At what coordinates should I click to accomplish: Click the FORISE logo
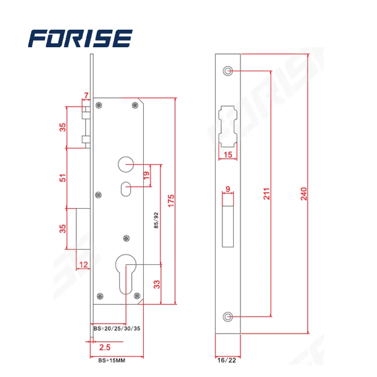coord(80,39)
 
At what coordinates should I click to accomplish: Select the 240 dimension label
coord(303,195)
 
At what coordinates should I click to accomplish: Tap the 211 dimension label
coord(267,195)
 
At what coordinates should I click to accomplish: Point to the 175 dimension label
coord(171,200)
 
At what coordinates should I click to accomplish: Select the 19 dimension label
coord(146,175)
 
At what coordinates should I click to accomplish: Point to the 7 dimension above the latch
coord(86,96)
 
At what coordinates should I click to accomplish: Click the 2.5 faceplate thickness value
coord(105,347)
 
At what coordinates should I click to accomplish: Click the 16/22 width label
coord(227,360)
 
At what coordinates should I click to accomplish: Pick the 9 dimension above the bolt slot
coord(228,189)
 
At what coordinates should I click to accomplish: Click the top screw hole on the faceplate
coord(228,71)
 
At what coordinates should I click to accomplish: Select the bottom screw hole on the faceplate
coord(228,316)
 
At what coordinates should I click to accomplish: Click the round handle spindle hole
coord(126,163)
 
